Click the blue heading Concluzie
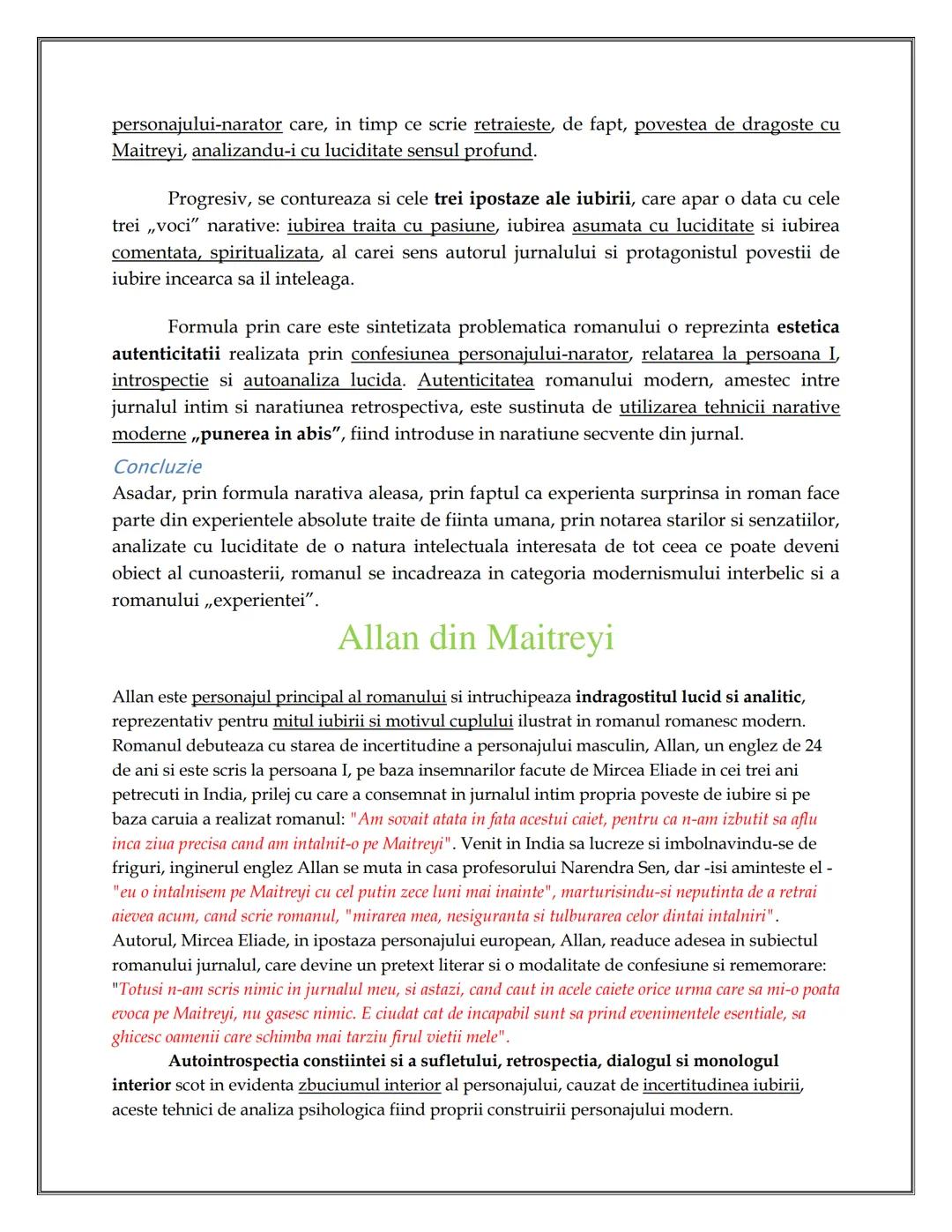[157, 467]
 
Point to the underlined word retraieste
[512, 124]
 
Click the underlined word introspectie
[160, 381]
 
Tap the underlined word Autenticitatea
[476, 381]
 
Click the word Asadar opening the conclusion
[143, 494]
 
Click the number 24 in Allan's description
[812, 745]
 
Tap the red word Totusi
[142, 989]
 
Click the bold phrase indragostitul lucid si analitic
[688, 698]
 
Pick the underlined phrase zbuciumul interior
[369, 1085]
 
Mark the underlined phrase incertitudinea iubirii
[720, 1085]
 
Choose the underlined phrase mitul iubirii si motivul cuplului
[392, 721]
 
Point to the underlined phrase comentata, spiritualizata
[216, 253]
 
